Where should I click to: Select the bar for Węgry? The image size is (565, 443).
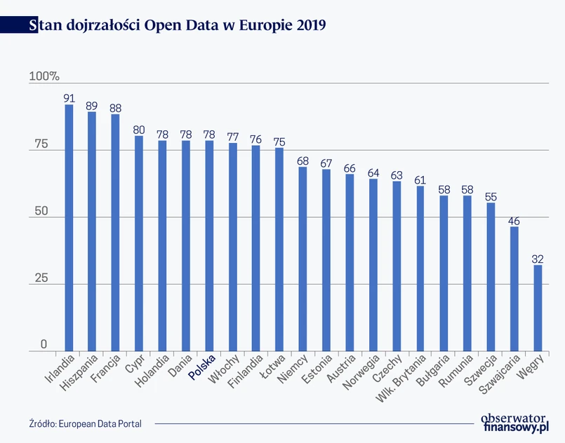[x=538, y=308]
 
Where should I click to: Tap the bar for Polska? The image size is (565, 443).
[x=209, y=245]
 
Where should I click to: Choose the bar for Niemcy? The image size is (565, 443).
[x=303, y=259]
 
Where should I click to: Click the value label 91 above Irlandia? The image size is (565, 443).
[x=69, y=99]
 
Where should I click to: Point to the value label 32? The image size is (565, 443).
[x=538, y=259]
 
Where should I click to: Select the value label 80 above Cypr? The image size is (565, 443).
[x=139, y=130]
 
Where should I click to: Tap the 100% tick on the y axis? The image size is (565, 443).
[x=44, y=76]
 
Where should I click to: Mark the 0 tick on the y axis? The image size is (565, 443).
[x=44, y=344]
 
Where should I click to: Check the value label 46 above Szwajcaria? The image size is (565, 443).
[x=514, y=221]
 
